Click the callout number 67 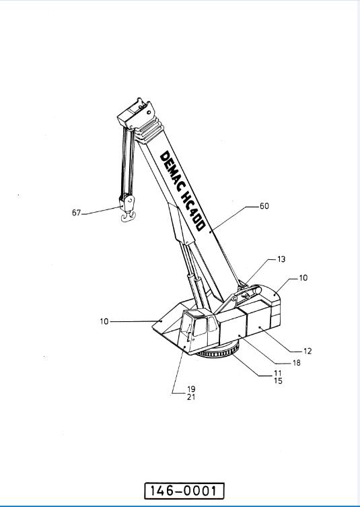(76, 213)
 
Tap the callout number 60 (264, 206)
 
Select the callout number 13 (281, 259)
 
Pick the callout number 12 (308, 351)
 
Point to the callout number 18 (296, 363)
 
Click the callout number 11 (278, 374)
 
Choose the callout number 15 (278, 381)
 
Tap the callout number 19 (191, 389)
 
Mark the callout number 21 (191, 397)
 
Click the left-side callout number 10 (104, 322)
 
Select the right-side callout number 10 (303, 277)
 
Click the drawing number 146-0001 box (184, 491)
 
